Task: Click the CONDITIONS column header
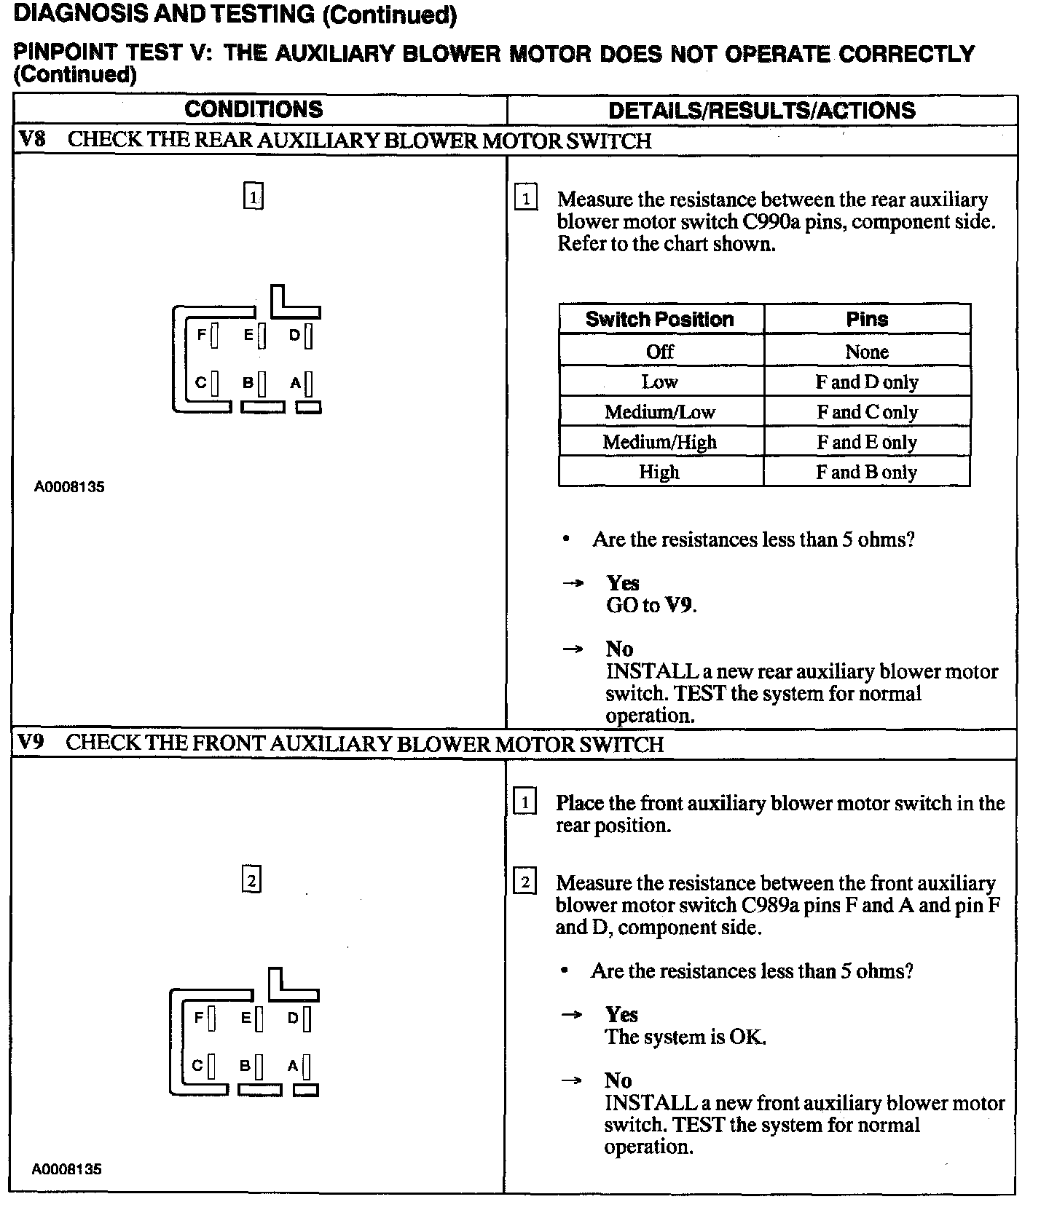point(254,110)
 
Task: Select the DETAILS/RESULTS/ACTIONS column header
point(761,111)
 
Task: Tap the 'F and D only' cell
point(866,382)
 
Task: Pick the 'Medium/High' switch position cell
point(659,442)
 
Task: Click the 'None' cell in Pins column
point(866,352)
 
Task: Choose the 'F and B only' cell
point(866,472)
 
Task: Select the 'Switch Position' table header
point(659,320)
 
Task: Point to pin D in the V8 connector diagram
point(308,336)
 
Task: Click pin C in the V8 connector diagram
point(214,383)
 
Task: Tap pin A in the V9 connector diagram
point(306,1067)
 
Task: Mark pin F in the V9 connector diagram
point(211,1019)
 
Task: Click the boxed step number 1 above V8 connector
point(253,197)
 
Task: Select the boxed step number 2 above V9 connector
point(251,881)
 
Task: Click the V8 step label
point(31,140)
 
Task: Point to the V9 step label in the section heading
point(31,743)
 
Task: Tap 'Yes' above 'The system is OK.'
point(621,1015)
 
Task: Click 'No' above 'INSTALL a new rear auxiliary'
point(619,649)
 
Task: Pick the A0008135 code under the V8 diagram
point(69,487)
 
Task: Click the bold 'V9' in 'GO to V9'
point(679,606)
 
